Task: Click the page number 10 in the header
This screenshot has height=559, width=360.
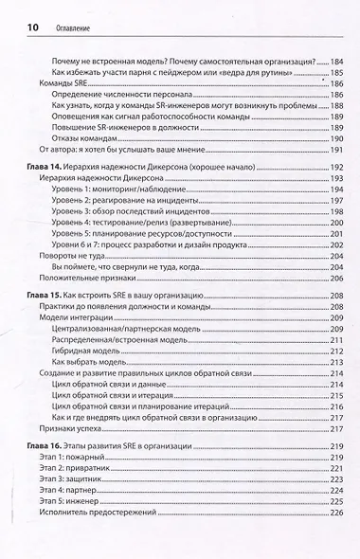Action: [x=22, y=27]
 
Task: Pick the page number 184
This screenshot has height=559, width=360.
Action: [x=333, y=59]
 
